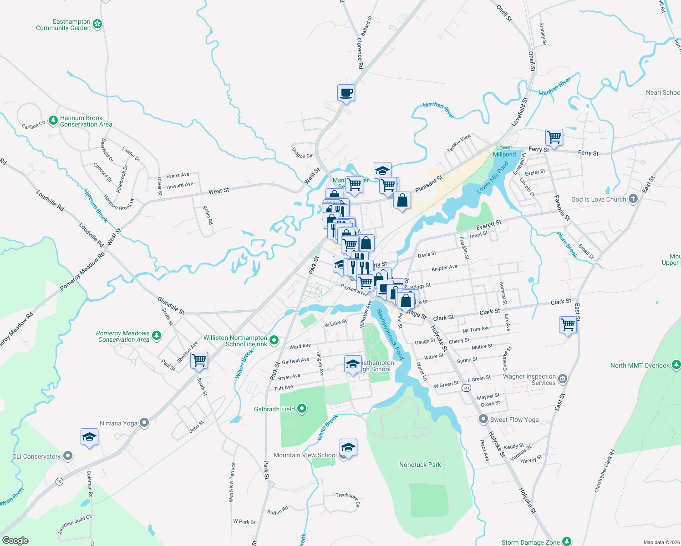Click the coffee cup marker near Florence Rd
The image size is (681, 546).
(x=346, y=93)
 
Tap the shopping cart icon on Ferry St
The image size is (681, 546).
(x=554, y=137)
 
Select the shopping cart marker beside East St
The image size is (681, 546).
(x=568, y=325)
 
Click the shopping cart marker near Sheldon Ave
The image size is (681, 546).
(x=199, y=360)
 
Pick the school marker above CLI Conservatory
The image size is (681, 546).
(x=89, y=437)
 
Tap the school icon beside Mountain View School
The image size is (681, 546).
(x=348, y=448)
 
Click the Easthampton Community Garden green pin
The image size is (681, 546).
(x=97, y=24)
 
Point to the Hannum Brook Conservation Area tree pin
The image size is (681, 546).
(x=53, y=121)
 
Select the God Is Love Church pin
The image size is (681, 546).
(x=633, y=199)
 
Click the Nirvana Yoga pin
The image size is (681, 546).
(x=144, y=423)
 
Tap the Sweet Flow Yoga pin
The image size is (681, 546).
(x=483, y=419)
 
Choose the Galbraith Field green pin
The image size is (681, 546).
(x=301, y=409)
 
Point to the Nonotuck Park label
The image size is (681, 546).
(x=420, y=465)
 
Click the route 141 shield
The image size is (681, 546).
(x=466, y=388)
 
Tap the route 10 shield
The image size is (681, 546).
(x=59, y=481)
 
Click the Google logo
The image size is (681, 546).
(x=15, y=541)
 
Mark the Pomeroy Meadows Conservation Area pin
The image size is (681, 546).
(x=157, y=336)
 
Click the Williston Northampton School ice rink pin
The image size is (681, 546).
(x=274, y=340)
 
